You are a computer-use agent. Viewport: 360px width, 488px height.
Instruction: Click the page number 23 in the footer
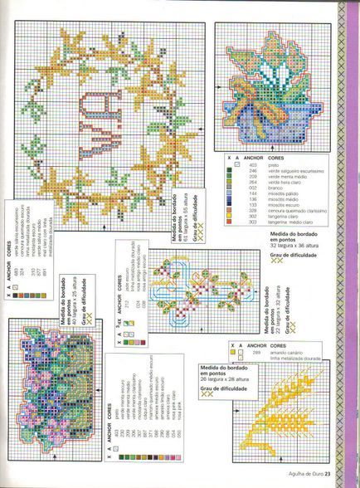329,474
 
